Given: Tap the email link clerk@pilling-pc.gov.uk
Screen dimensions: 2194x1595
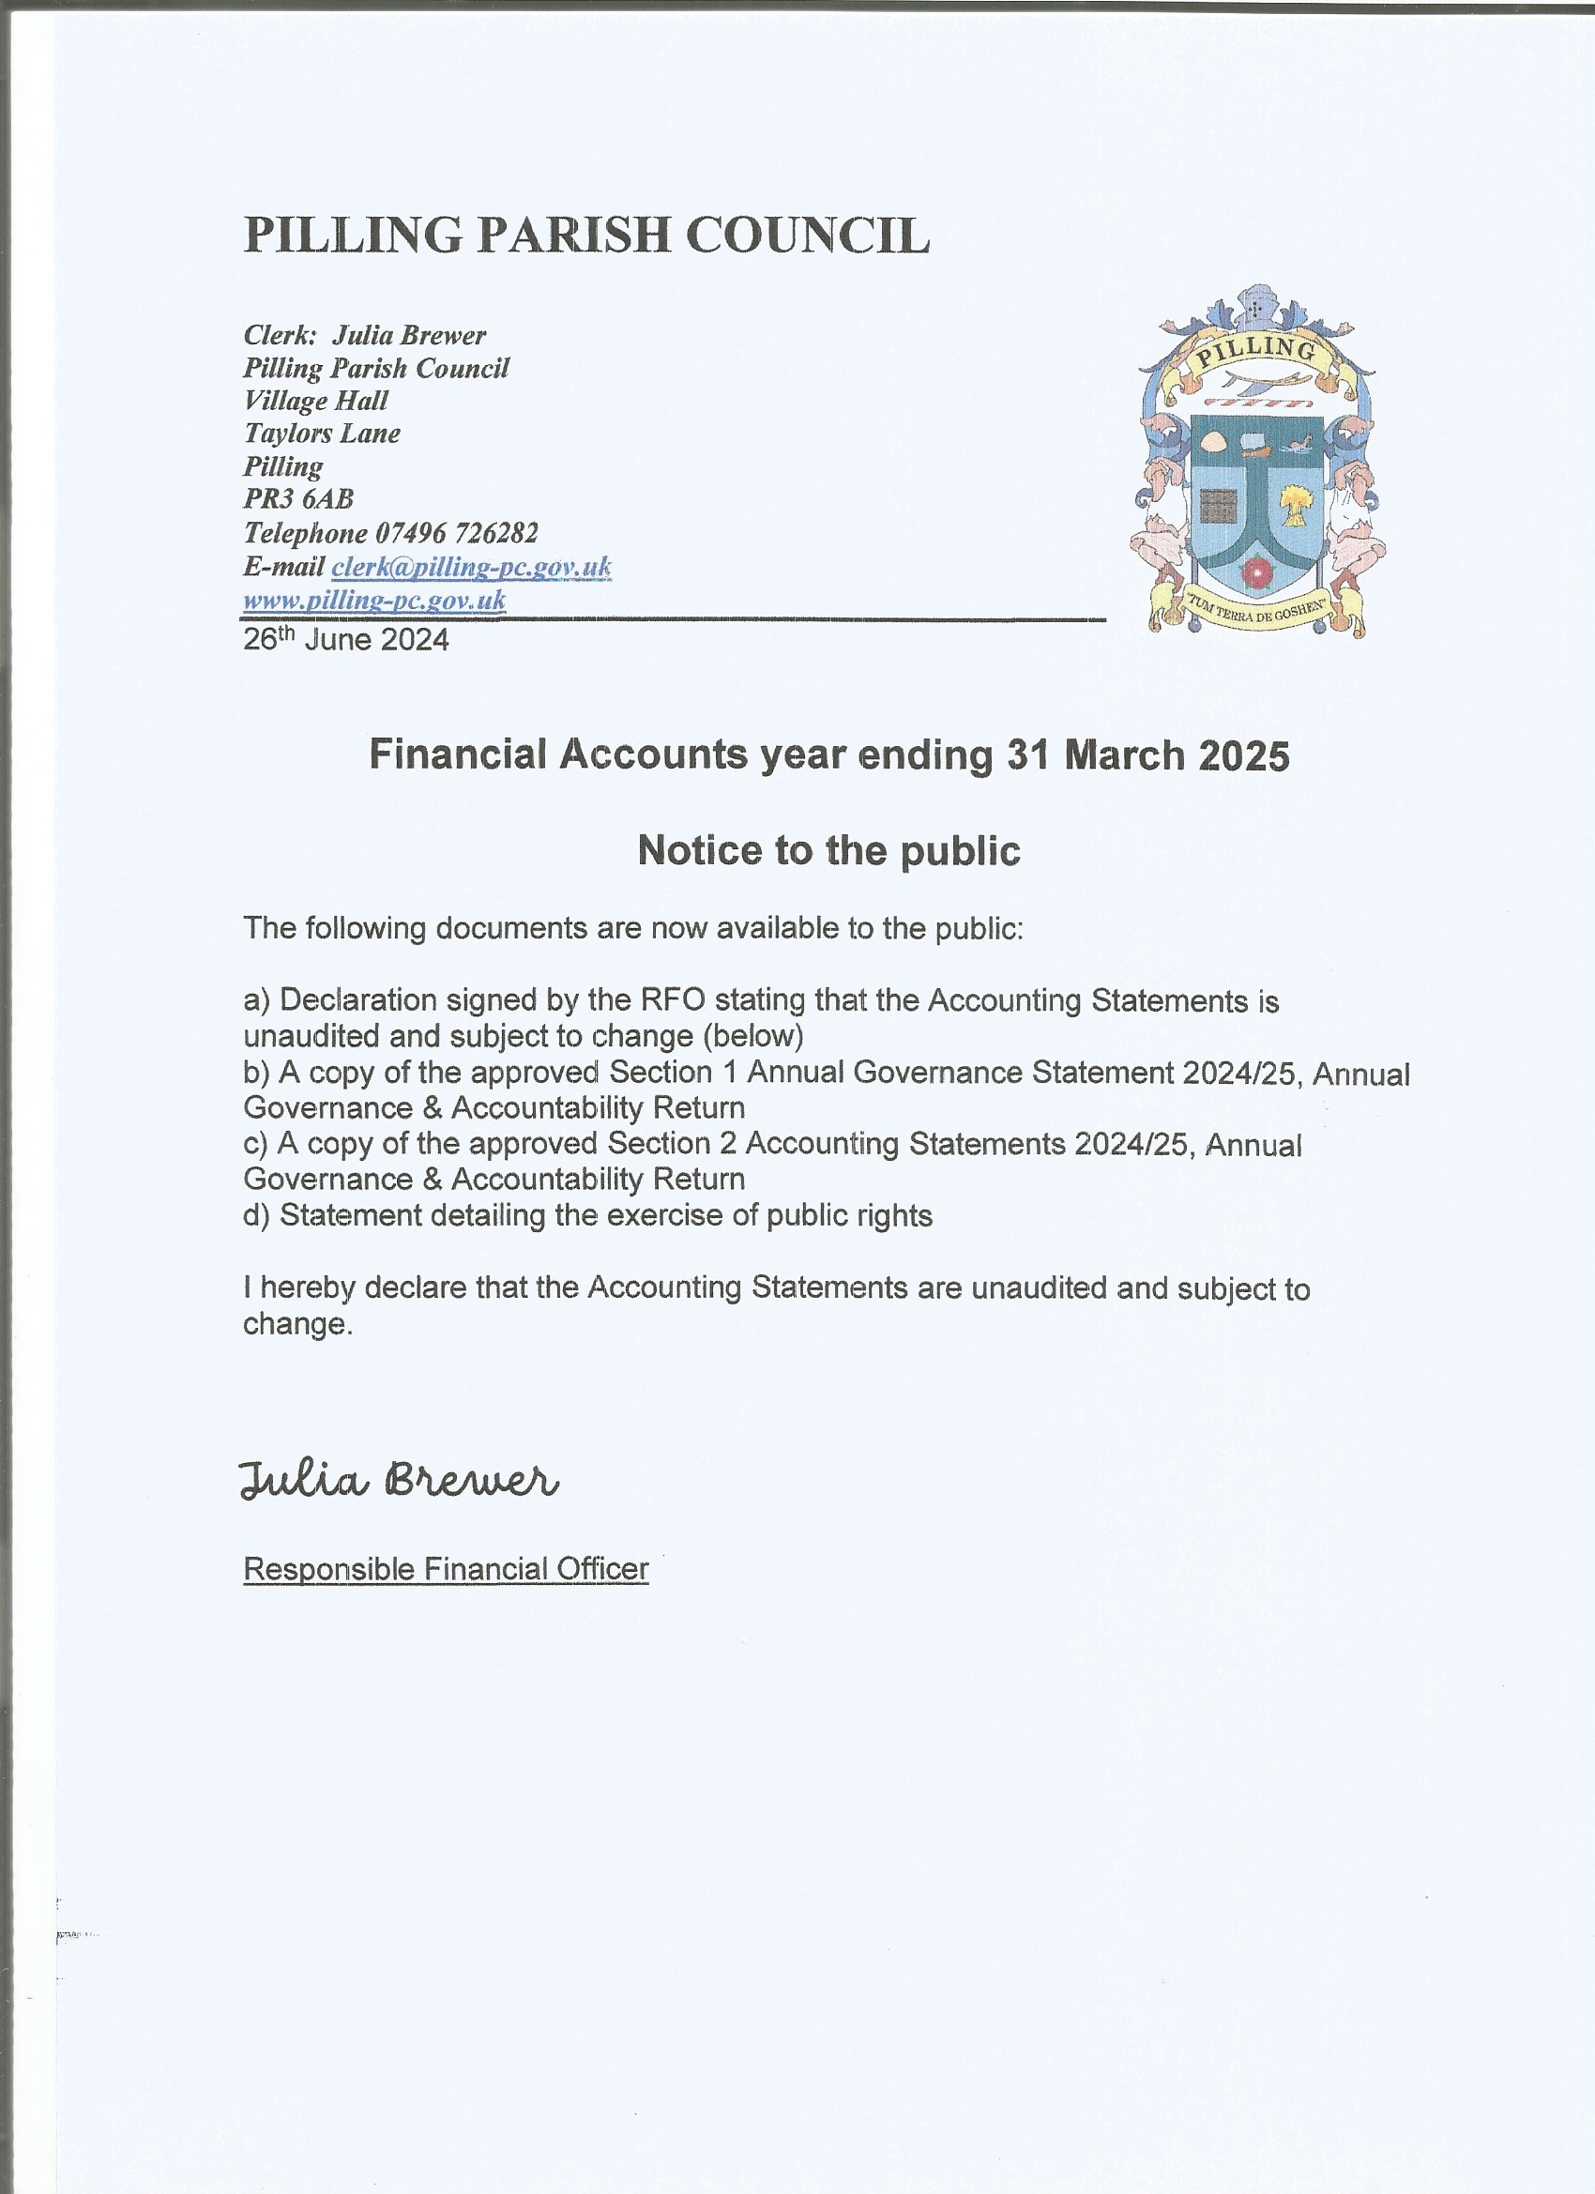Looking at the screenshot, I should pos(471,567).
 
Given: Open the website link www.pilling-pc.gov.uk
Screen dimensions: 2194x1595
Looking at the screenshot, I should pos(374,601).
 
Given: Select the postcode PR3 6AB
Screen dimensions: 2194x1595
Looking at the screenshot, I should pos(298,499).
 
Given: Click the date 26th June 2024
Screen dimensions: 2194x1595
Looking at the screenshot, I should pos(345,640).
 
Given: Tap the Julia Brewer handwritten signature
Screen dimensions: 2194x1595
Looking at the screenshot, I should pos(398,1481).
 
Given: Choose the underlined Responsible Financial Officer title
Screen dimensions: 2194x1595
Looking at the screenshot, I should pos(445,1569).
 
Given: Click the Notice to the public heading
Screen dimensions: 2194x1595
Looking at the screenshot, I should pos(829,851).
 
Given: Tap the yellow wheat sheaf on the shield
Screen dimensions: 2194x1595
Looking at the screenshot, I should pos(1295,505).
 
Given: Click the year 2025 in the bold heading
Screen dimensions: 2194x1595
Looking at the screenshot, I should pos(1244,755).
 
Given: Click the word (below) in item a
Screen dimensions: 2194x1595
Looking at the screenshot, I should pos(753,1036).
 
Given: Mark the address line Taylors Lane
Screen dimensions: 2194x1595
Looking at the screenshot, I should pos(321,434).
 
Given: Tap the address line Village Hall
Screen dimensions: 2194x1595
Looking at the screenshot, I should pos(315,401).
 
